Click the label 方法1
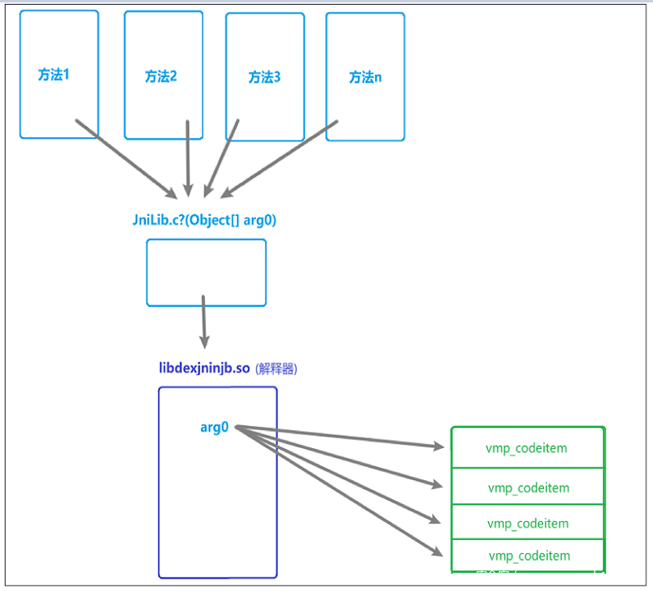pos(54,75)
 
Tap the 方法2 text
pos(161,76)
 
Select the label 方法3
pos(264,78)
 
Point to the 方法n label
pos(365,77)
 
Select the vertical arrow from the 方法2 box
pos(188,156)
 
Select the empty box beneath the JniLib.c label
pos(206,273)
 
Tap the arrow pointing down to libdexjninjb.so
pos(203,317)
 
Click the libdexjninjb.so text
pos(204,368)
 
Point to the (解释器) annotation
pos(276,369)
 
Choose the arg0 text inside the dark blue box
pos(214,427)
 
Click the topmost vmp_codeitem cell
pos(527,448)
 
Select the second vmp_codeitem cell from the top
pos(527,488)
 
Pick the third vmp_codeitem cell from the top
pos(527,523)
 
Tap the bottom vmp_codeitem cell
pos(527,556)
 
